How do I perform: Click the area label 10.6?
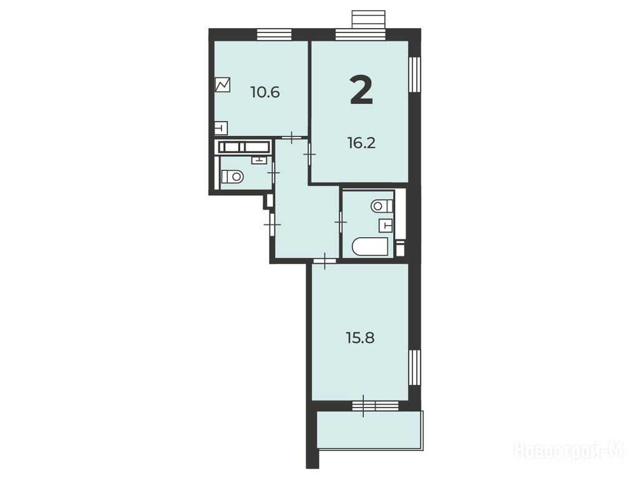click(x=265, y=93)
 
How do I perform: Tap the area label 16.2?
click(x=362, y=143)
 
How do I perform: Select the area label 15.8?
click(x=361, y=337)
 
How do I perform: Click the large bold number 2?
click(x=362, y=90)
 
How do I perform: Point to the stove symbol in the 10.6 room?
click(x=223, y=85)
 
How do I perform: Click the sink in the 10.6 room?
click(x=221, y=128)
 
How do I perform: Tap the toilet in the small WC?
click(x=232, y=176)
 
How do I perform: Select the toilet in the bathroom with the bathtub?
click(x=382, y=206)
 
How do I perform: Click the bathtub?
click(x=371, y=246)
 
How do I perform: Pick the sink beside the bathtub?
click(x=386, y=226)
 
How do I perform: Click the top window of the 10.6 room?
click(x=274, y=35)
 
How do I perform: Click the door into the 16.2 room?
click(x=309, y=154)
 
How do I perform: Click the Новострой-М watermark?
click(x=570, y=450)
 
